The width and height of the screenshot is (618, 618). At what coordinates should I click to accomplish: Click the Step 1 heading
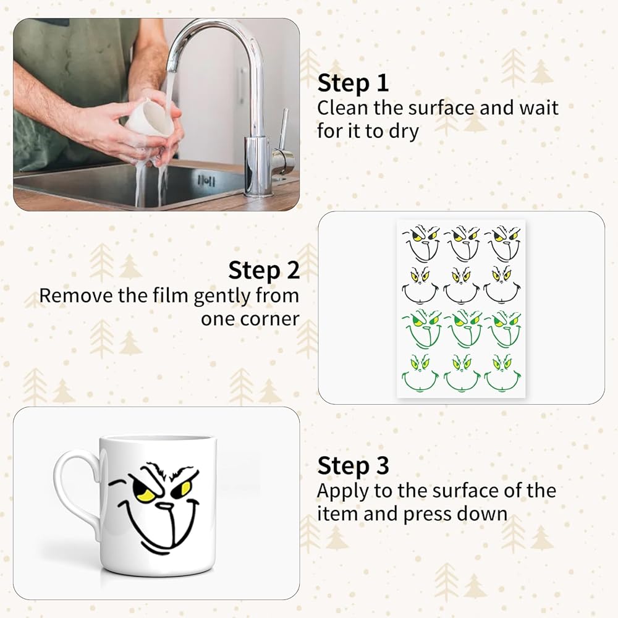(x=353, y=83)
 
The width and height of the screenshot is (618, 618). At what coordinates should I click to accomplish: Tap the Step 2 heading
(x=264, y=271)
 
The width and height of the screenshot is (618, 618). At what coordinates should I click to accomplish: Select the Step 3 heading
(x=353, y=465)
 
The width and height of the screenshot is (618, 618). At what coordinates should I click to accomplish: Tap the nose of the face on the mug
(x=164, y=506)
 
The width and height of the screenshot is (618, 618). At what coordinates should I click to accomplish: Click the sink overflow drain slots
(x=206, y=181)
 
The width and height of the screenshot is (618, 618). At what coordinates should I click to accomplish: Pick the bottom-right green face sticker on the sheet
(x=503, y=373)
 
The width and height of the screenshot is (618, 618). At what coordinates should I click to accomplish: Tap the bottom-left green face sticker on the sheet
(x=420, y=373)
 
